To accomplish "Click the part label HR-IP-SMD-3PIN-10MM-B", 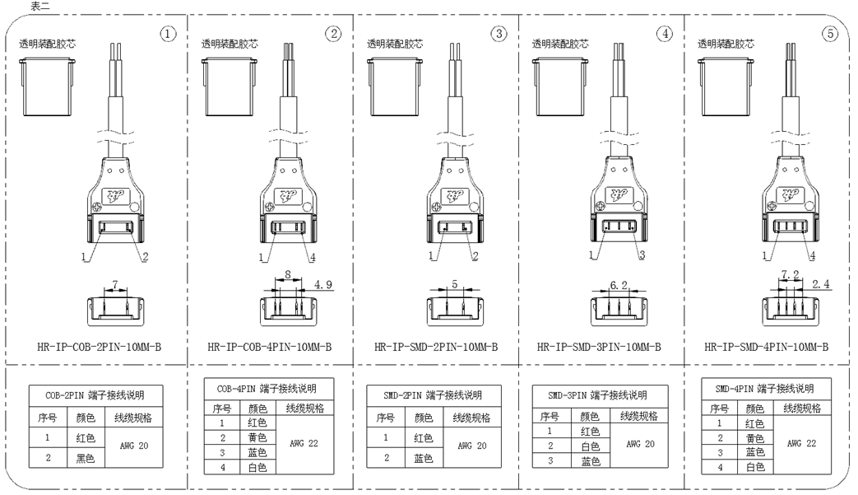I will tap(598, 347).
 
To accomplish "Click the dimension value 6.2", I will tap(620, 285).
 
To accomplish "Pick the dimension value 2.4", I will tap(821, 285).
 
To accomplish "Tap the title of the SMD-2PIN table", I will tap(432, 395).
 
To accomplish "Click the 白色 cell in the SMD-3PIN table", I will tap(590, 446).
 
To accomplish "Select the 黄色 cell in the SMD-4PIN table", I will tap(754, 438).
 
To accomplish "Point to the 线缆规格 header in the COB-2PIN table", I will tap(133, 418).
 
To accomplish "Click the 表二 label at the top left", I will tap(40, 6).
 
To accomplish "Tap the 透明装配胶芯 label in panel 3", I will tap(395, 44).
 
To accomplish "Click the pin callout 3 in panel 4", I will tap(642, 256).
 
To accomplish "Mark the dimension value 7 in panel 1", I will tap(116, 285).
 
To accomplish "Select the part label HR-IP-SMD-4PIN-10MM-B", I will tap(766, 347).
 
